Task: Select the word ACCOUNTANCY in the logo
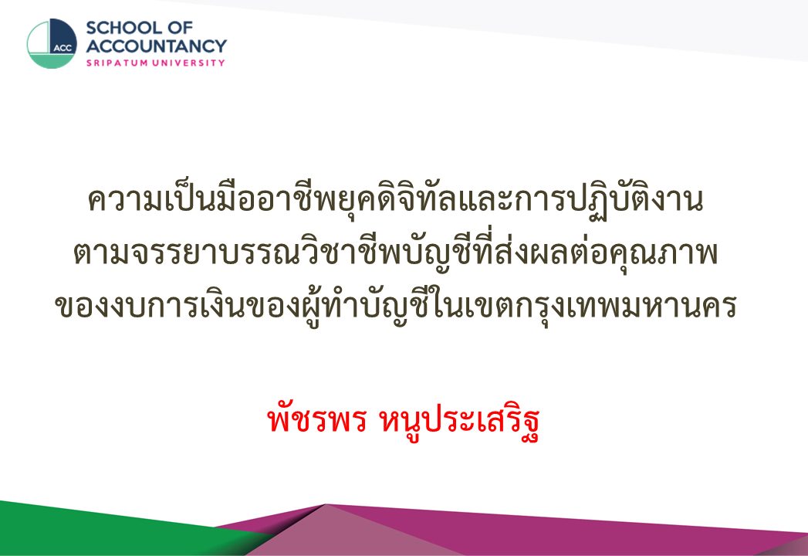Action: [156, 46]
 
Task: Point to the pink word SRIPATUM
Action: [117, 63]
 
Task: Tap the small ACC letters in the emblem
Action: [63, 49]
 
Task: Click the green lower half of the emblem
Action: [52, 61]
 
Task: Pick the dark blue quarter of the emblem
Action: [63, 35]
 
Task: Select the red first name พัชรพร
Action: [316, 421]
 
